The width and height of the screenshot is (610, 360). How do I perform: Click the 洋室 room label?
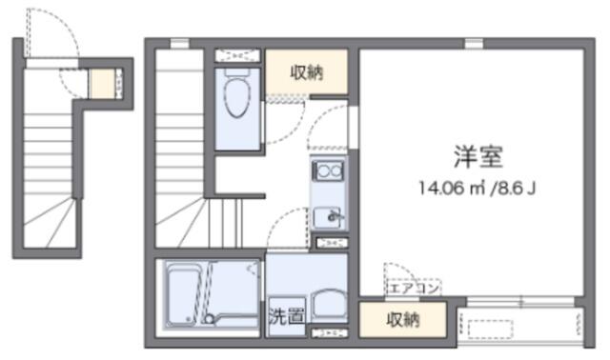[478, 156]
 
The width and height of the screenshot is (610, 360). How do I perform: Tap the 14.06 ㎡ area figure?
[452, 189]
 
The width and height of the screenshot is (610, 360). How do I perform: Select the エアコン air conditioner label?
[413, 289]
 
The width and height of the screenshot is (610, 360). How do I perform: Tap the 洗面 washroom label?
[286, 316]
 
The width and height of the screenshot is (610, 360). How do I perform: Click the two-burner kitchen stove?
[329, 170]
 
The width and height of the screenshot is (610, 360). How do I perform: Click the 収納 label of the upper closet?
[307, 72]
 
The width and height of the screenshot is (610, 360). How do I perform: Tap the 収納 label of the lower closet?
[402, 320]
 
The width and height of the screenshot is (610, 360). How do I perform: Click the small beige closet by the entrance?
[102, 83]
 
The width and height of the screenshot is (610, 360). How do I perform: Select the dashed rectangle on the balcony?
[490, 330]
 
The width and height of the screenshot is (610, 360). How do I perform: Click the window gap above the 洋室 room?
[474, 43]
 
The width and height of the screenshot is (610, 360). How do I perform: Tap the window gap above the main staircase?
[179, 43]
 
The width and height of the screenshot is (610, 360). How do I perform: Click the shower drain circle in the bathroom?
[210, 320]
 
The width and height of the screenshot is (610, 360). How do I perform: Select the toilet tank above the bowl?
[237, 72]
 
